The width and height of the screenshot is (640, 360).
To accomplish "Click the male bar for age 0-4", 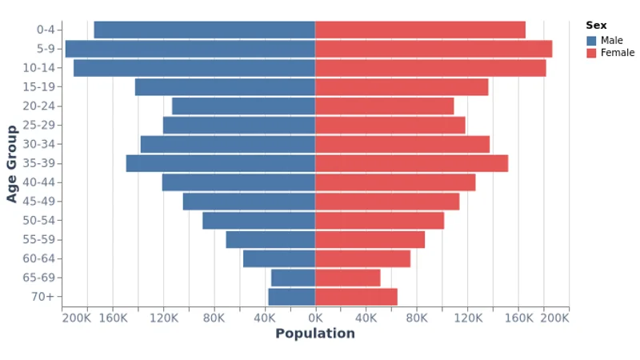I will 204,30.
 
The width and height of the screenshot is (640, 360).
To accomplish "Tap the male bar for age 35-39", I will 220,163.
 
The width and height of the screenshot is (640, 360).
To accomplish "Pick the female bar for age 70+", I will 356,297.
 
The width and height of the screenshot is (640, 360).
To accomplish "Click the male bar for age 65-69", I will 293,278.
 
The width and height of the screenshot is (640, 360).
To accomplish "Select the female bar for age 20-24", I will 384,106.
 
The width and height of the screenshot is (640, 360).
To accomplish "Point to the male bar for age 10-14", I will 194,68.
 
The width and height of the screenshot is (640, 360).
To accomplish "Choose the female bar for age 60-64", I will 362,258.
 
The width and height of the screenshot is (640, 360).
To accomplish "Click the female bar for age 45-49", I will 387,202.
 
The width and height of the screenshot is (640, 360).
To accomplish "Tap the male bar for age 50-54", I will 258,221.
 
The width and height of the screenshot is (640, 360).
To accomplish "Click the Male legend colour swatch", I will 591,41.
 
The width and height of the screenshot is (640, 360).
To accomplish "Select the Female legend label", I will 618,53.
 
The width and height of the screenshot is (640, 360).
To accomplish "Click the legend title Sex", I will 596,26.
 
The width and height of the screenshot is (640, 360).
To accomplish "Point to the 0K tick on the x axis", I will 315,318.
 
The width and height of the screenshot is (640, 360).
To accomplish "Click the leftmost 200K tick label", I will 77,318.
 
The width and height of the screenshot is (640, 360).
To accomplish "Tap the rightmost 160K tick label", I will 519,318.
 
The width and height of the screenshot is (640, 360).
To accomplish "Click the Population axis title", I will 315,334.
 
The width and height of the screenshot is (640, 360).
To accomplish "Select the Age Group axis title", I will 12,163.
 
